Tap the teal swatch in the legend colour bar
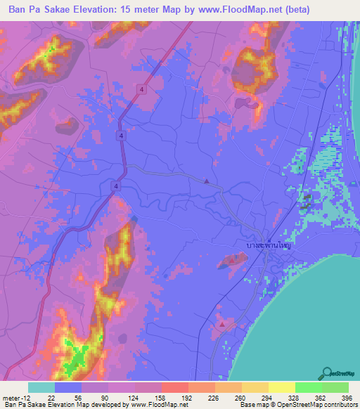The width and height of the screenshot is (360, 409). point(41,387)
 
